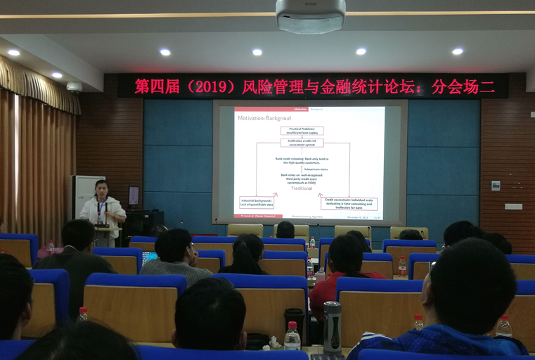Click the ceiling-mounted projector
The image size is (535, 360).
click(x=310, y=16)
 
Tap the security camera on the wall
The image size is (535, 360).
click(x=74, y=87)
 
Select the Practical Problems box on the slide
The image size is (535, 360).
click(x=302, y=131)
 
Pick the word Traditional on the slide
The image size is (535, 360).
click(x=302, y=188)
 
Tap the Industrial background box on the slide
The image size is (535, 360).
click(x=257, y=203)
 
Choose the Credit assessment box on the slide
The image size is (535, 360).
click(x=349, y=203)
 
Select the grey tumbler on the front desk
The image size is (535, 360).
click(x=332, y=326)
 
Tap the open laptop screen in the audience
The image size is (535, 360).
click(x=148, y=259)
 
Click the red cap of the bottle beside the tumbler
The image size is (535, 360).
click(x=292, y=326)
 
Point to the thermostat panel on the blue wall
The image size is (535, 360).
click(x=495, y=185)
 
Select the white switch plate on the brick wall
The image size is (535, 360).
click(x=513, y=206)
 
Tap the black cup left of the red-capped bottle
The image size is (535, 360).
click(x=294, y=320)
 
